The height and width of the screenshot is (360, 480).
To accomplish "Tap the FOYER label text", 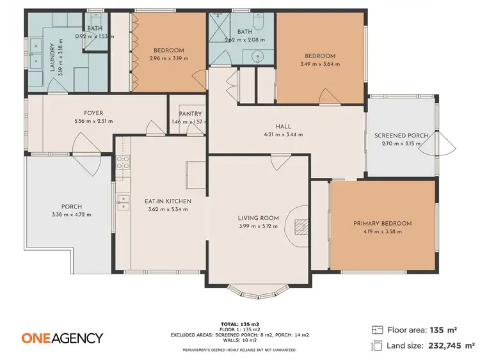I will click(x=93, y=113).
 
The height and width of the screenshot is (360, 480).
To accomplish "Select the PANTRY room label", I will click(x=191, y=114).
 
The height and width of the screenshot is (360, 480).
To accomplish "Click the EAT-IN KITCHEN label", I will click(x=168, y=201).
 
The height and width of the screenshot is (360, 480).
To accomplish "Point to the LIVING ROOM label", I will click(x=259, y=218).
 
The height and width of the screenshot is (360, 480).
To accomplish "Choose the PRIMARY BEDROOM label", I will click(x=382, y=223).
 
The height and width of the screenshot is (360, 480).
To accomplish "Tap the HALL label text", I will click(x=284, y=127).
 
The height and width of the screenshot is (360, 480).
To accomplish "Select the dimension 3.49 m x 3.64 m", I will click(x=320, y=64).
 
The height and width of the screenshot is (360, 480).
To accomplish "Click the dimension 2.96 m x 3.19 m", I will click(x=168, y=58).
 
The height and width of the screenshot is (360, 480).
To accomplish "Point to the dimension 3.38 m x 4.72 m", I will click(x=72, y=214).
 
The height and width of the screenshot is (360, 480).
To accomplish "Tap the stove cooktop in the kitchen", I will click(x=122, y=162).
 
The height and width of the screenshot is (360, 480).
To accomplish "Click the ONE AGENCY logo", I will click(x=62, y=338).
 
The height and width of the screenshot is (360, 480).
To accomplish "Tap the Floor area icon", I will click(x=377, y=330).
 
